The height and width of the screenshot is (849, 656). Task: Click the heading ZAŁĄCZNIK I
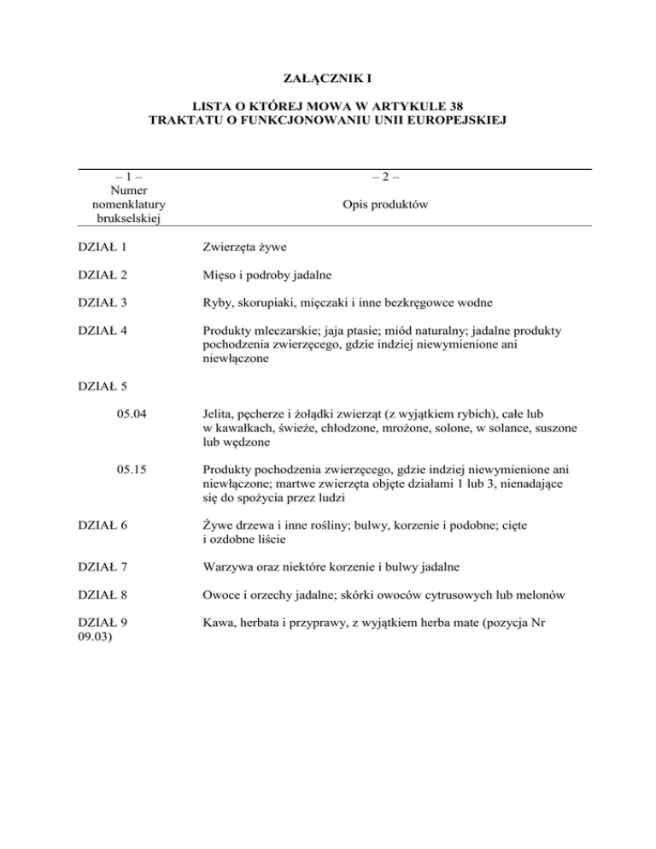pyautogui.click(x=328, y=84)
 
